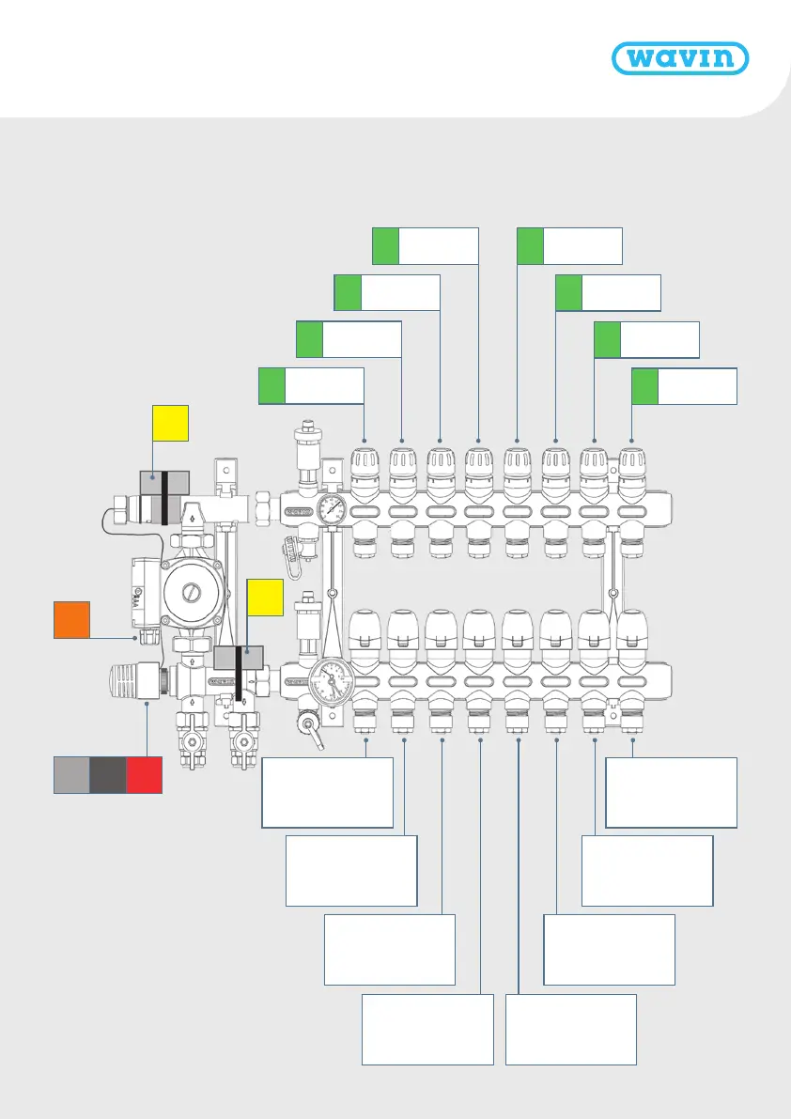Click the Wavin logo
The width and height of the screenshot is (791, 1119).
pos(680,58)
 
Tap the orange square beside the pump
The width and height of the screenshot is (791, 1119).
pos(71,620)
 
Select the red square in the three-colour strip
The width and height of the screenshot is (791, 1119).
pos(145,775)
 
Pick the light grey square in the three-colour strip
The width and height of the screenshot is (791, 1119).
pos(71,775)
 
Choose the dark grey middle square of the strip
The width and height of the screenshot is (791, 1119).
pos(108,775)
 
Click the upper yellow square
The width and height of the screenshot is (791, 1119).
pos(171,424)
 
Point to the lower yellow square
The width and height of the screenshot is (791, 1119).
pos(265,598)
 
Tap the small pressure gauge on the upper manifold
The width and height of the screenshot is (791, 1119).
pos(331,511)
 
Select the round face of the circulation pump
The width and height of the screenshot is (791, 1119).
pos(189,594)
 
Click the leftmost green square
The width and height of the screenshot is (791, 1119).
pos(272,386)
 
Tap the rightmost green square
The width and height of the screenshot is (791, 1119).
pos(645,386)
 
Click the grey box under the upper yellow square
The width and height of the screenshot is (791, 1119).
pos(164,484)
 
